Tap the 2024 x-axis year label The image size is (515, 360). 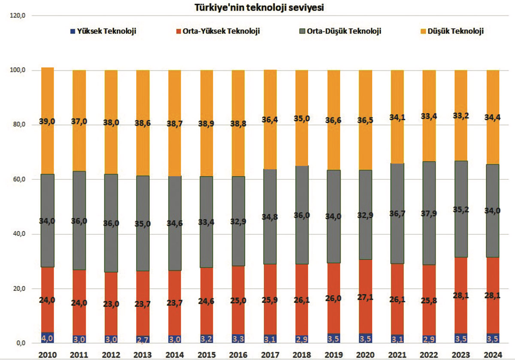(x=493, y=354)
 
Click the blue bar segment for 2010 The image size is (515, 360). (x=47, y=338)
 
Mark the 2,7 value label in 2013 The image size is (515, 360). (x=143, y=339)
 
